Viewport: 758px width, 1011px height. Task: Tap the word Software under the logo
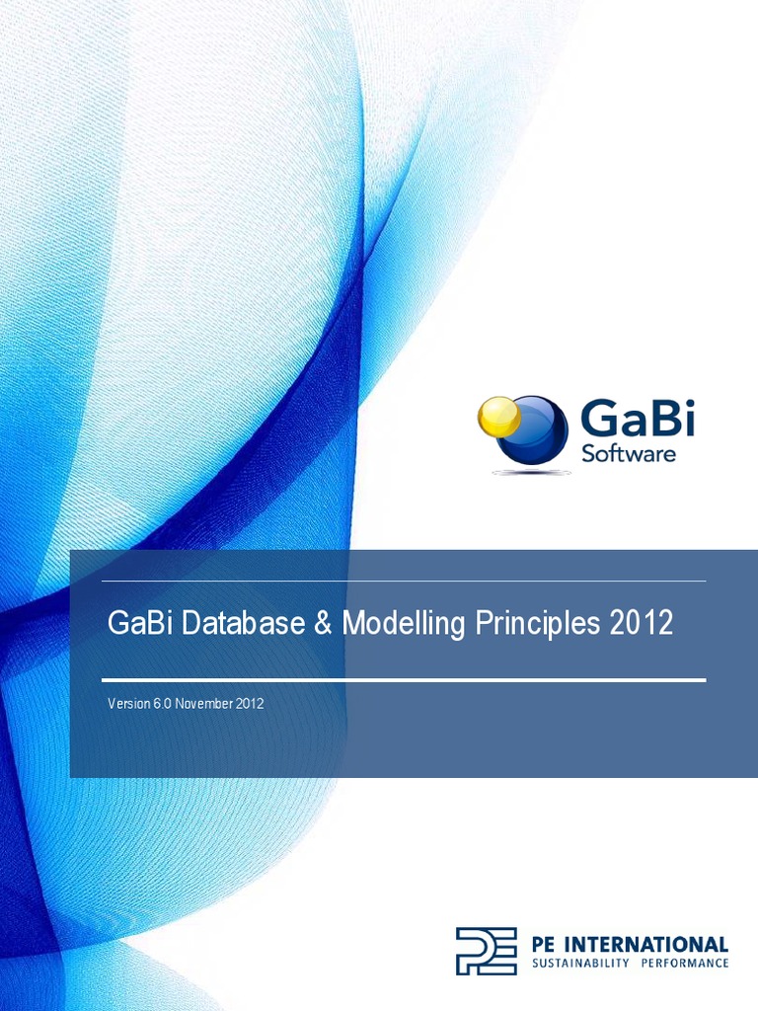(x=629, y=453)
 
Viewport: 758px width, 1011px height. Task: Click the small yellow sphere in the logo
(x=498, y=417)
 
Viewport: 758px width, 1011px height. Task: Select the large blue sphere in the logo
(x=535, y=430)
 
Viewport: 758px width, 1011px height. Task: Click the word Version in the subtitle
(x=127, y=704)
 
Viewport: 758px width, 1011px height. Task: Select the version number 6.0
(x=163, y=704)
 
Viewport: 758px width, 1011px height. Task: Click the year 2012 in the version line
(x=249, y=704)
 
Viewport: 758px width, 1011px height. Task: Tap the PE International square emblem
(x=486, y=951)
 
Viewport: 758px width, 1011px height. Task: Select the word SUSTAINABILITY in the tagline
(x=580, y=963)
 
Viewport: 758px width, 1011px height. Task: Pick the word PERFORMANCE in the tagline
(x=687, y=963)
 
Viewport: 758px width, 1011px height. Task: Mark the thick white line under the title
(x=404, y=679)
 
